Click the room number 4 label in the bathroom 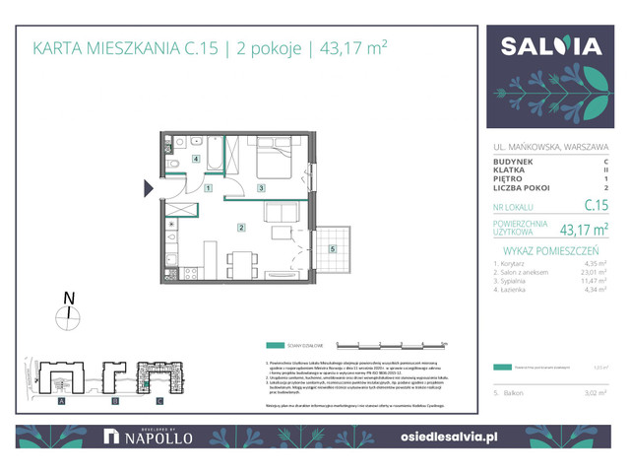[x=197, y=158]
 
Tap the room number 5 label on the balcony [x=332, y=248]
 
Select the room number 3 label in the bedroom [x=260, y=187]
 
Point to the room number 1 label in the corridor [x=208, y=187]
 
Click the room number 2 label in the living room [x=239, y=228]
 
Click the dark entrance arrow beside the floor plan [x=150, y=187]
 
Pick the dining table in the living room [x=240, y=263]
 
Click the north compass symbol [x=68, y=315]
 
